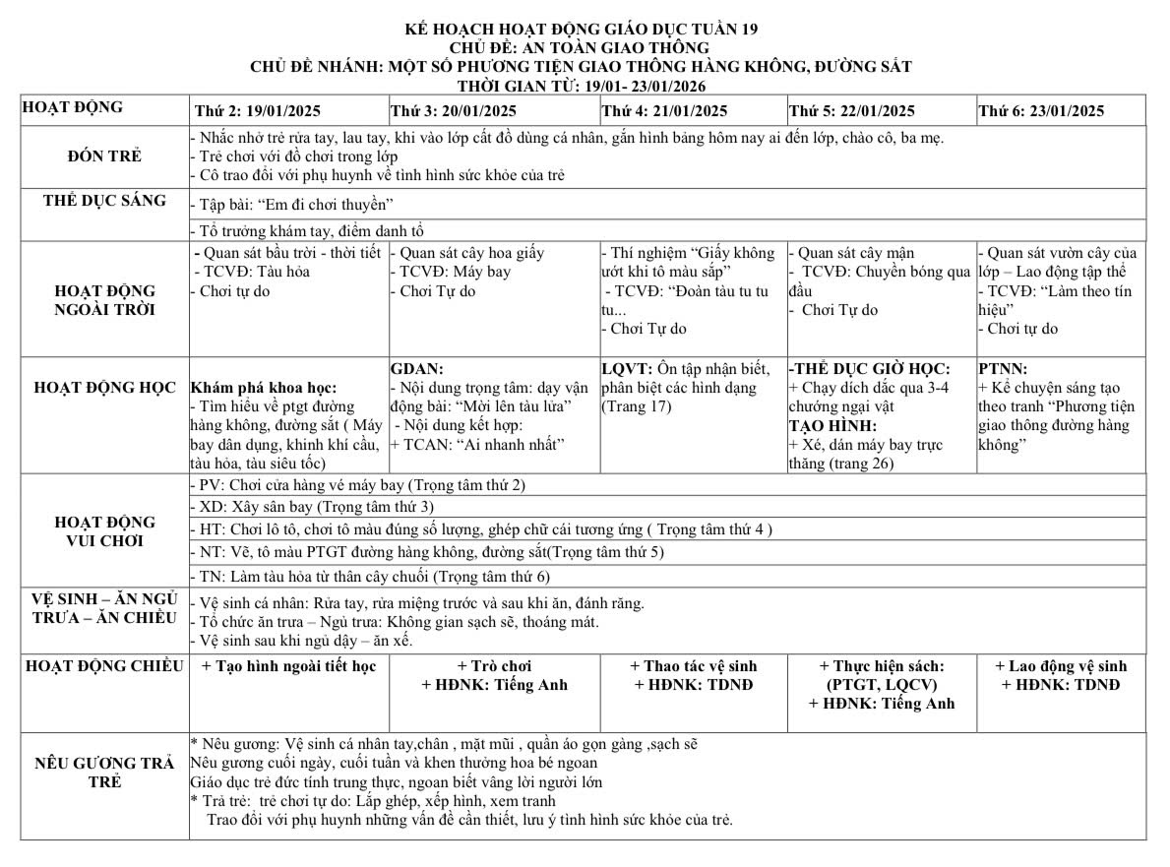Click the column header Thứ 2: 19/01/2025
pyautogui.click(x=258, y=111)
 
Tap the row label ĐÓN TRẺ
pyautogui.click(x=104, y=156)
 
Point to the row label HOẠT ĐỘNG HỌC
pyautogui.click(x=104, y=387)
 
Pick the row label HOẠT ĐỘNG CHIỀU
pyautogui.click(x=104, y=666)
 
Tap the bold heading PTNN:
pyautogui.click(x=1002, y=369)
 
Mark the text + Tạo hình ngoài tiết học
pyautogui.click(x=288, y=666)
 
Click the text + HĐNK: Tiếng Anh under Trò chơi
pyautogui.click(x=494, y=685)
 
